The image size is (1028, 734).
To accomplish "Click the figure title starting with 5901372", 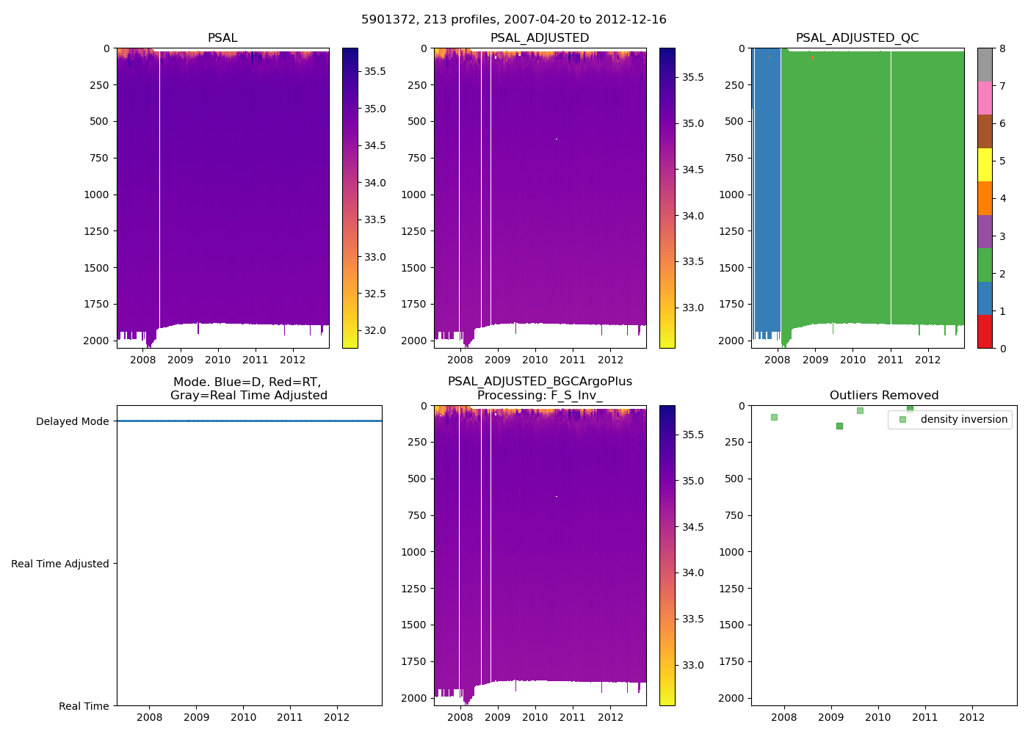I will coord(513,20).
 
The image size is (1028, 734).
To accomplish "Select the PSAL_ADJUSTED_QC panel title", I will coord(857,38).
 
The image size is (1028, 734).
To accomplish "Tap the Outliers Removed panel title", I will coord(883,396).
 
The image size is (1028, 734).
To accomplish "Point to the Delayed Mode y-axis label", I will coord(72,421).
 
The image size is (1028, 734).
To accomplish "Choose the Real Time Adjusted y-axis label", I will coord(59,564).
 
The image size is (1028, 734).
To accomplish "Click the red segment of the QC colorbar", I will coord(985,332).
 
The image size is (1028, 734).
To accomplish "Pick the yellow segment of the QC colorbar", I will coord(985,164).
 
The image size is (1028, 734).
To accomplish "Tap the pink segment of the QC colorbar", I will coord(985,98).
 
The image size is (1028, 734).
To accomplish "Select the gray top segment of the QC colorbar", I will coord(985,65).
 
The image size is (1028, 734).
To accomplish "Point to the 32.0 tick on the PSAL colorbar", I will coord(375,330).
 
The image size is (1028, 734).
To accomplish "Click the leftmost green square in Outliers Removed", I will coord(774,417).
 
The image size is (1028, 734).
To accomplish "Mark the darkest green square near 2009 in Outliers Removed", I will coord(839,426).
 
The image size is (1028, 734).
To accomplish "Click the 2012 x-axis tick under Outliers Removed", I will coord(971,717).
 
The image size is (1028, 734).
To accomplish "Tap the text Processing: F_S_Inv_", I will coord(540,396).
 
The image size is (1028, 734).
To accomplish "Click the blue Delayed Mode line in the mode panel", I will coord(249,421).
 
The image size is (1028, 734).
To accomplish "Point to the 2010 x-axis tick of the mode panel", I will coord(243,717).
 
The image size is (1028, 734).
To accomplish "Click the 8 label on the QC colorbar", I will coord(1002,48).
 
